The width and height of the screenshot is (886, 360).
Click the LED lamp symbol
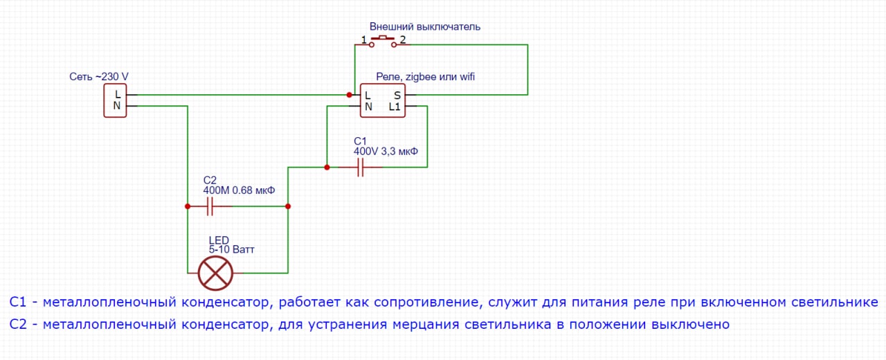[215, 273]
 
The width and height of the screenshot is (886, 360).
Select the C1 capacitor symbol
[361, 167]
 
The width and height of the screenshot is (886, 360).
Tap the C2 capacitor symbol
[210, 206]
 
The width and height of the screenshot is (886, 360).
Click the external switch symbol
[383, 42]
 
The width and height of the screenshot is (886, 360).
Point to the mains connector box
[116, 100]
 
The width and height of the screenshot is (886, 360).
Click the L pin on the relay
[368, 95]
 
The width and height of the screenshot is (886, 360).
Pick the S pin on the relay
[397, 95]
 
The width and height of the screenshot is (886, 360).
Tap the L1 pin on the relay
[395, 107]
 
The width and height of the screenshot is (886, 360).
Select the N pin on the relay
[368, 107]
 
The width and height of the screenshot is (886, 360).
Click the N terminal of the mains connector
[117, 106]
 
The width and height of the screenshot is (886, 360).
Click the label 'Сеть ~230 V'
[99, 75]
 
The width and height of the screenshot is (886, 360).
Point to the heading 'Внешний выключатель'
[425, 26]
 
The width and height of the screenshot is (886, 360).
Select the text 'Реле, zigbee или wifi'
[425, 76]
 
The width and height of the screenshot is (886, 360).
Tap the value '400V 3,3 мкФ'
[386, 151]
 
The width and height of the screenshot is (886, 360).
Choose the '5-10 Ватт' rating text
[231, 249]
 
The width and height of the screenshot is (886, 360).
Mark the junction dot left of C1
[327, 167]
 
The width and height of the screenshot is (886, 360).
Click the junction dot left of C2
[188, 206]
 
